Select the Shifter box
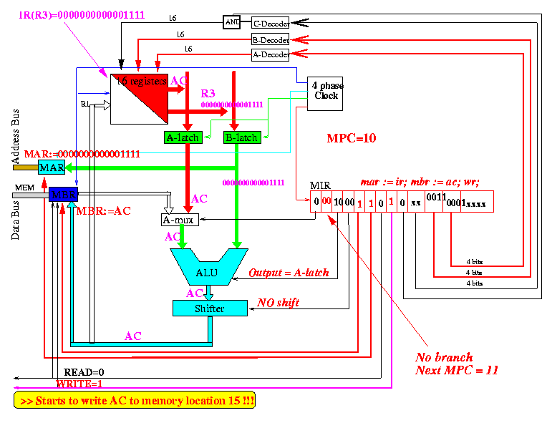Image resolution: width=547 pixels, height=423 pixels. (209, 308)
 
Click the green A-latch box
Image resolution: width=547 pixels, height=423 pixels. (183, 137)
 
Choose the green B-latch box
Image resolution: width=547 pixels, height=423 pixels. (241, 137)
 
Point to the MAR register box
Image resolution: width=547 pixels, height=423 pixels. (52, 167)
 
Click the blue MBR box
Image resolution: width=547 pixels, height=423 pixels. (63, 194)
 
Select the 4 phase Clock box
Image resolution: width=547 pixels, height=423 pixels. (326, 93)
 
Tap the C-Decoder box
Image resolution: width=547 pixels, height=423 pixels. (270, 24)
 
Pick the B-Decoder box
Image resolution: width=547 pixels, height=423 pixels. (270, 39)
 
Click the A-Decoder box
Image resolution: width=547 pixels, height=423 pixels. (270, 54)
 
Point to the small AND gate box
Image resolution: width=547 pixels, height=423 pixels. (232, 21)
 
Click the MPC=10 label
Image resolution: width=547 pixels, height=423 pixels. (352, 137)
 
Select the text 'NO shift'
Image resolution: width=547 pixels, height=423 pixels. (278, 303)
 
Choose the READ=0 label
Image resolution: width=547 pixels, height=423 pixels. (84, 372)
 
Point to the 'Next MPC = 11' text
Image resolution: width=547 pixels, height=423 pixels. (457, 370)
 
